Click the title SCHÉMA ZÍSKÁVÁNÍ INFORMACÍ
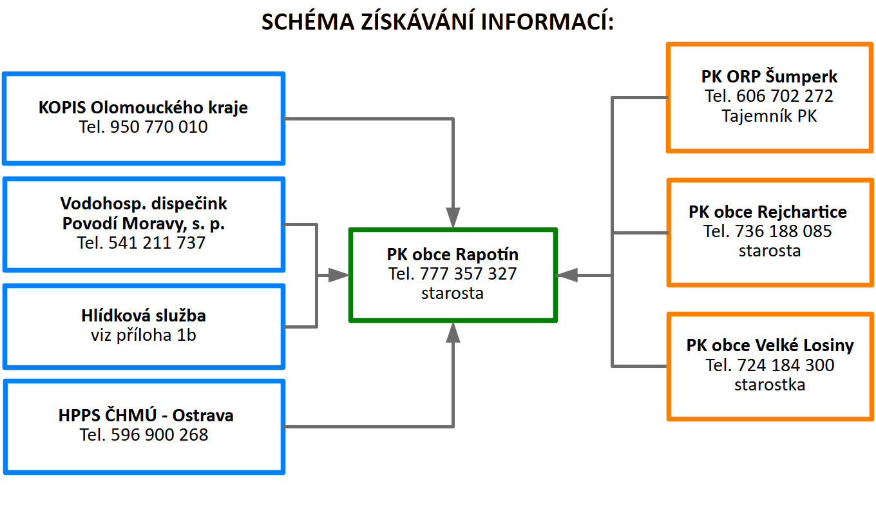438,23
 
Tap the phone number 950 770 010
159,128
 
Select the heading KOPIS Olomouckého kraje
143,107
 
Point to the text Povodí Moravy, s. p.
144,224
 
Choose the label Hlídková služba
144,316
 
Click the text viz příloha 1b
144,335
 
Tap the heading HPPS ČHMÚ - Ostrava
146,416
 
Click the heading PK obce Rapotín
453,254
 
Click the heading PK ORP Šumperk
769,77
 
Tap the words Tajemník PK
769,117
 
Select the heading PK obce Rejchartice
768,211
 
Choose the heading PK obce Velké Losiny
770,345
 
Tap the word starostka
770,385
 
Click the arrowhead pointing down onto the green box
453,218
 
